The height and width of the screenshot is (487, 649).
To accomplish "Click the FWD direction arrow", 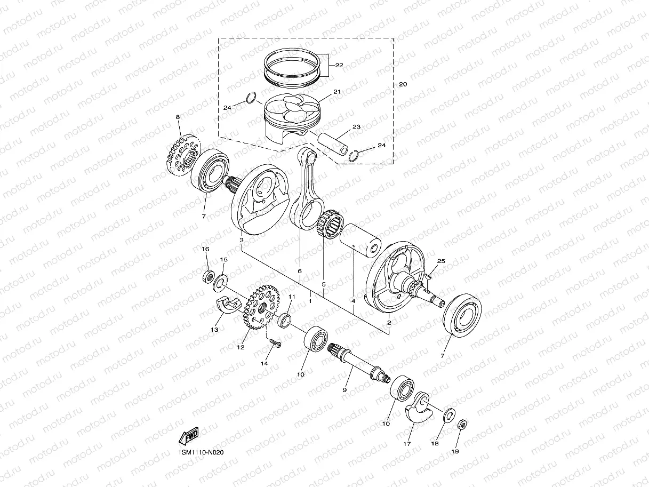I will (x=189, y=437).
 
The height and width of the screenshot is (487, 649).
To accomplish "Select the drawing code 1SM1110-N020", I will (x=202, y=452).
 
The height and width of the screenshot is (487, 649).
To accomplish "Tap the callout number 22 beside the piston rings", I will (x=339, y=65).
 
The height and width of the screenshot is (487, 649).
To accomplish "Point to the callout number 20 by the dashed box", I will (x=403, y=85).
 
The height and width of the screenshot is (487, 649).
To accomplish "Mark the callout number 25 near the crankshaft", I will (x=440, y=261).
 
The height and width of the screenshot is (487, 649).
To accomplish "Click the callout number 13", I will (x=214, y=330).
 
